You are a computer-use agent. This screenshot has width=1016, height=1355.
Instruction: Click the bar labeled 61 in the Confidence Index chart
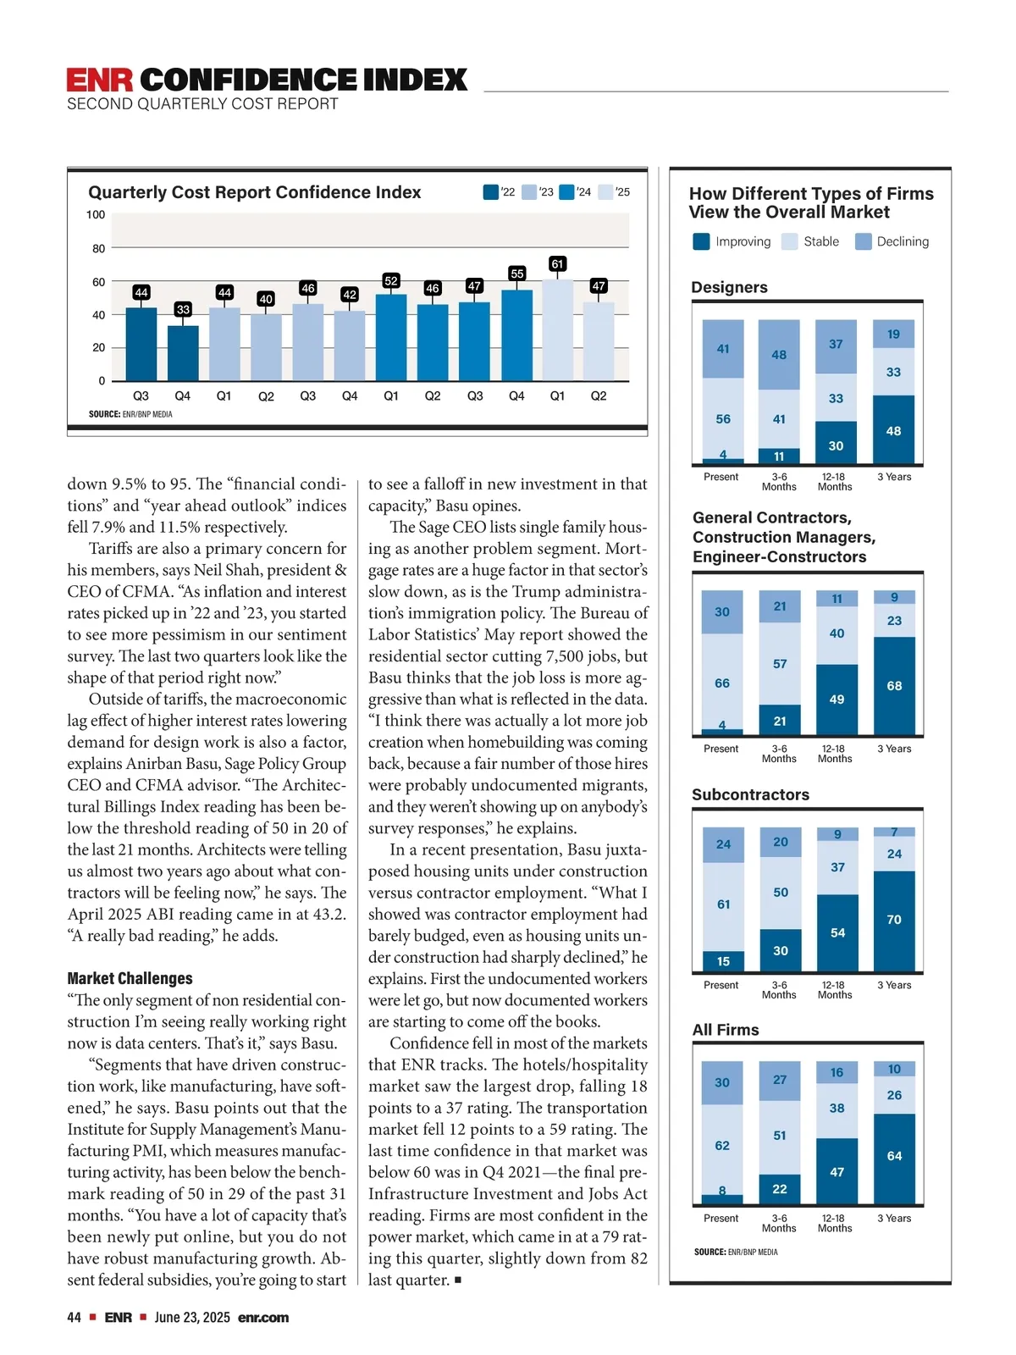tap(557, 329)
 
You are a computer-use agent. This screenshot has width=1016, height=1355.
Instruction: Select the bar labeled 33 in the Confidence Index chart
tap(183, 353)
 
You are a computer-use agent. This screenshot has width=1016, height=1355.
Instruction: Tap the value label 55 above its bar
tap(516, 274)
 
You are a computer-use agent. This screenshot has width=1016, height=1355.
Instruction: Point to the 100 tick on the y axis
tap(96, 215)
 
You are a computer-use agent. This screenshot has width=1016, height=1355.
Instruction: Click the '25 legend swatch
tap(605, 192)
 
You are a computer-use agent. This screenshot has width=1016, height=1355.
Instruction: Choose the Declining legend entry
tap(893, 241)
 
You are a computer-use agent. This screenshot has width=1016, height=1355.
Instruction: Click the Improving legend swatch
tap(701, 241)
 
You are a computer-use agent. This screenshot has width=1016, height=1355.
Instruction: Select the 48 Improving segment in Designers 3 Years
tap(893, 430)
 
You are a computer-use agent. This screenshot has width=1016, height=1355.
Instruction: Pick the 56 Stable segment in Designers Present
tap(723, 418)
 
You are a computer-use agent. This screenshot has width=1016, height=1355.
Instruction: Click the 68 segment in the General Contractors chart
tap(894, 685)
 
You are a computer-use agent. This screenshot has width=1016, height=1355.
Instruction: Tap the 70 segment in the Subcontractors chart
tap(894, 920)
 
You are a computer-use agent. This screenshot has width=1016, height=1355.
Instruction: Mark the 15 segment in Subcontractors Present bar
tap(723, 961)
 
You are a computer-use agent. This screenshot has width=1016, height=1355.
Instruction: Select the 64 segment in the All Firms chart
tap(894, 1157)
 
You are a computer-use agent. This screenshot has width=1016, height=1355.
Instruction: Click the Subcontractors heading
tap(750, 794)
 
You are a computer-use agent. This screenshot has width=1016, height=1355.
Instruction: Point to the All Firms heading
tap(726, 1030)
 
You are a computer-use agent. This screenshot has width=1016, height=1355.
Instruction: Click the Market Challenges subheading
tap(130, 978)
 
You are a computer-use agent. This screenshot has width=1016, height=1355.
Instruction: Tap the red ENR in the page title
tap(100, 80)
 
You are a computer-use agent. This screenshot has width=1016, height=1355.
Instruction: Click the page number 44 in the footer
tap(75, 1318)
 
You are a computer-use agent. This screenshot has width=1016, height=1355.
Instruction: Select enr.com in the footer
tap(263, 1318)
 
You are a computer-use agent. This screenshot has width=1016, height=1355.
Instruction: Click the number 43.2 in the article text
tap(329, 915)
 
